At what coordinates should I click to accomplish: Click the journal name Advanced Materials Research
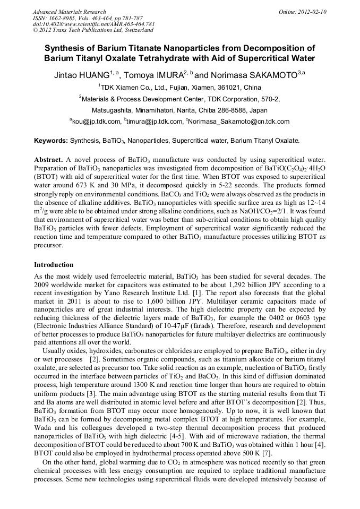(69, 12)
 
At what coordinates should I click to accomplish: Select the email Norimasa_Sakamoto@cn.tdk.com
(239, 122)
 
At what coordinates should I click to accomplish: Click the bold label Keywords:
(51, 141)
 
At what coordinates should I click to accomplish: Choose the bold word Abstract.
(48, 160)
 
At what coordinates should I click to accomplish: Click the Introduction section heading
(54, 264)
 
